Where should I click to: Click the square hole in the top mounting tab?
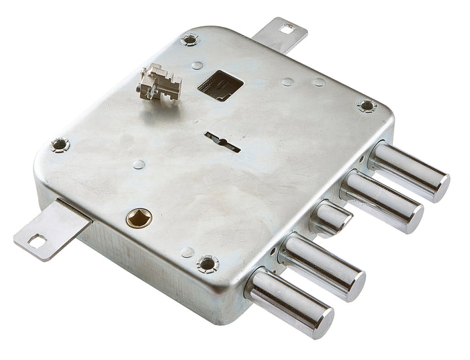click(287, 28)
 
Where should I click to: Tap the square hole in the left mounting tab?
click(37, 240)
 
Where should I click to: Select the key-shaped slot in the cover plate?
click(222, 141)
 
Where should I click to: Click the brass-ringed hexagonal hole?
click(140, 217)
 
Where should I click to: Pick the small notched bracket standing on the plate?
click(159, 83)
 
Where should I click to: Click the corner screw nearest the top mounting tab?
click(190, 40)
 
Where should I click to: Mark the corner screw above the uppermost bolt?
click(367, 105)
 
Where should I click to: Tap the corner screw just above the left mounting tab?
click(60, 144)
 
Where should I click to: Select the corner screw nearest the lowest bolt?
click(207, 264)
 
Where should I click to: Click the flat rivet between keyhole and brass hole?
click(139, 164)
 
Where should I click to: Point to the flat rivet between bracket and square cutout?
click(197, 66)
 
